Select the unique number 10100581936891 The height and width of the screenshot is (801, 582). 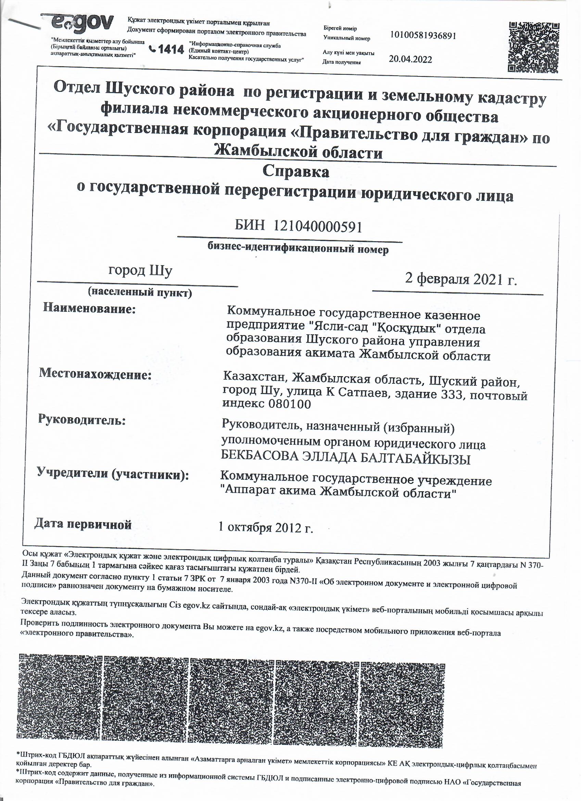(423, 35)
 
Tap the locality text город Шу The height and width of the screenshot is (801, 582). (140, 271)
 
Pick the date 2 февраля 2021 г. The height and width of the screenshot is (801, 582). (460, 279)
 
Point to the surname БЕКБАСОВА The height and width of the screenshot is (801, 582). (258, 459)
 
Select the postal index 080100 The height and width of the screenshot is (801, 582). (289, 404)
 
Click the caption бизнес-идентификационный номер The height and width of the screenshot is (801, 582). (298, 249)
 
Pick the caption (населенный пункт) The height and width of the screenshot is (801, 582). (140, 292)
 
